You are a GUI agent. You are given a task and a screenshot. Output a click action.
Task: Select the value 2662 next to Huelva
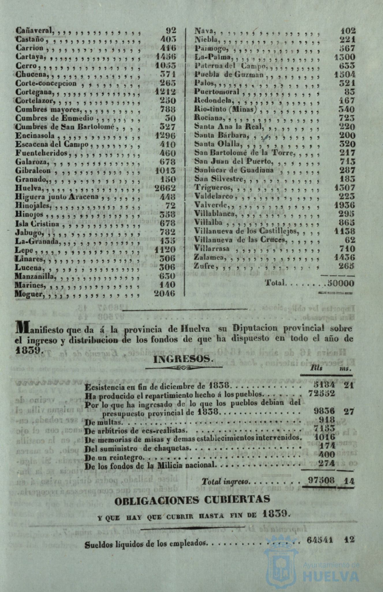[165, 188]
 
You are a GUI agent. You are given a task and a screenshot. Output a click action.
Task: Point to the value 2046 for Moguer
[165, 293]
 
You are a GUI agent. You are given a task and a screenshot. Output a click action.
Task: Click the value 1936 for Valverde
[345, 205]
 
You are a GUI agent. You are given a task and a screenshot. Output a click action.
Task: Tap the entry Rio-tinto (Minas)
[225, 109]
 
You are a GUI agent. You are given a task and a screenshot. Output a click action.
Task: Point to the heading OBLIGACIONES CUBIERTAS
[192, 500]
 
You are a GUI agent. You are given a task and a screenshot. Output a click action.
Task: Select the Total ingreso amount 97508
[321, 480]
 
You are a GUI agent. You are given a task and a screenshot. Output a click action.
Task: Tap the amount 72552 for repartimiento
[321, 393]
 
